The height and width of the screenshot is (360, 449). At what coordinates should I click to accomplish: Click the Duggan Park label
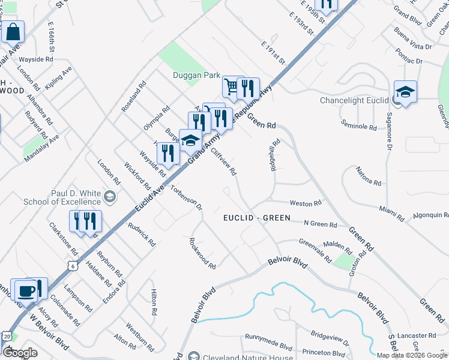coord(194,76)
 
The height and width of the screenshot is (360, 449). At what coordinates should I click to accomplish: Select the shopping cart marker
coord(232,88)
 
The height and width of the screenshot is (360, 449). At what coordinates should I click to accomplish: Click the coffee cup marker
coord(24,290)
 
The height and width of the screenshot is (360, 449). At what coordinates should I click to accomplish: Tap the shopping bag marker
coord(13,32)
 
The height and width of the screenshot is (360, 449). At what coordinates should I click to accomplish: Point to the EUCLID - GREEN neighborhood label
coord(256,218)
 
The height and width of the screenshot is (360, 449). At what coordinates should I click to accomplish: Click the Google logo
coord(20,353)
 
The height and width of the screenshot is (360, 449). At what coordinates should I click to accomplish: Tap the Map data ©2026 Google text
coord(411,355)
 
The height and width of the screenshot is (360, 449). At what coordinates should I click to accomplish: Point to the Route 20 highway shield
coord(6,338)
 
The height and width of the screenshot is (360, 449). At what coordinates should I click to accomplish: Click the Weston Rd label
coord(306,204)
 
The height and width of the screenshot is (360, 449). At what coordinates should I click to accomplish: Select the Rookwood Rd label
coord(202,253)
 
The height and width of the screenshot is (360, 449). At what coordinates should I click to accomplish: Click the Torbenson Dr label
coord(186,194)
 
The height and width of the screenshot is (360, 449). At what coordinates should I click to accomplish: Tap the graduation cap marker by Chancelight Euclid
coord(406,92)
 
